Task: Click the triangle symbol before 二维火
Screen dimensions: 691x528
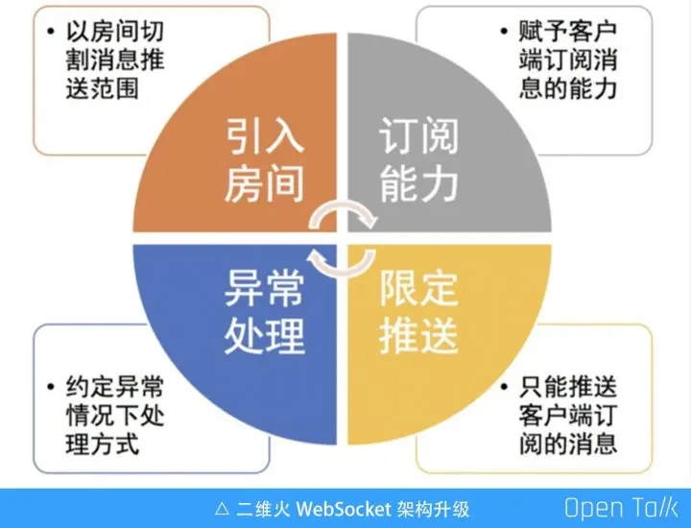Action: pyautogui.click(x=222, y=508)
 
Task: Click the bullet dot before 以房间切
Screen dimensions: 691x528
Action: pyautogui.click(x=49, y=31)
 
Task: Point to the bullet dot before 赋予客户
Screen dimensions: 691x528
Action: pyautogui.click(x=503, y=31)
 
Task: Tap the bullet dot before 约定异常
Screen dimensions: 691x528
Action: pyautogui.click(x=49, y=389)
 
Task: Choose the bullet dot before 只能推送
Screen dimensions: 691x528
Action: pyautogui.click(x=503, y=389)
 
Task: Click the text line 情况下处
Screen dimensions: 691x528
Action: pyautogui.click(x=115, y=418)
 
